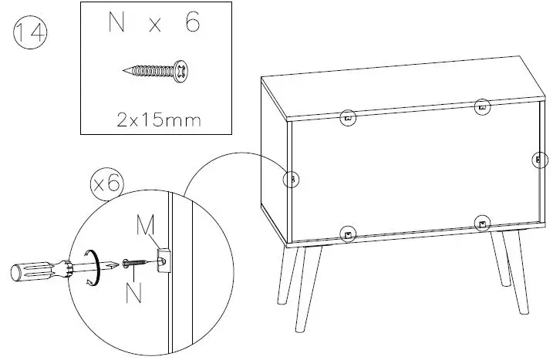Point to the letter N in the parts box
(x=116, y=23)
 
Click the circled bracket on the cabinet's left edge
(x=291, y=179)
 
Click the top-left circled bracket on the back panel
(x=348, y=118)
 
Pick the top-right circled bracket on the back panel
(x=482, y=107)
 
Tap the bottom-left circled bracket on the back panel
(x=348, y=233)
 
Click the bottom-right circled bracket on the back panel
(x=481, y=224)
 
